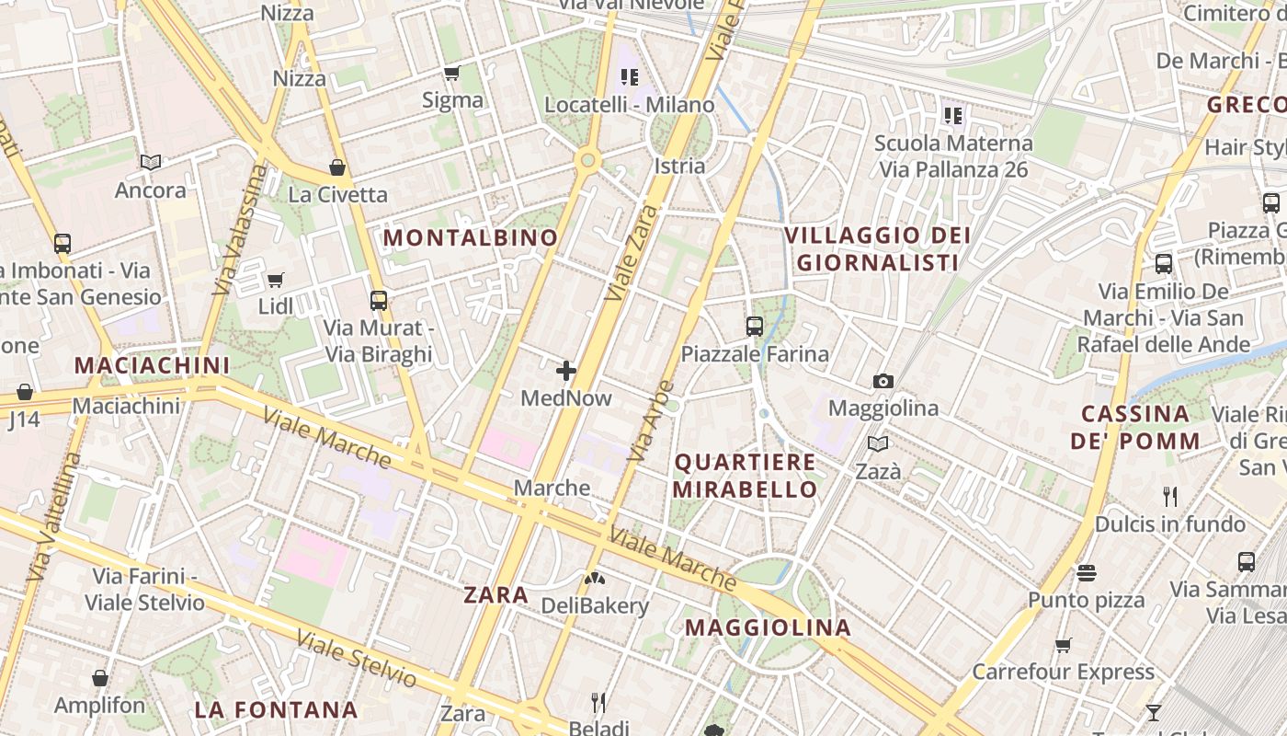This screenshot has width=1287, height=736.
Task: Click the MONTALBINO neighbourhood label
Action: (x=471, y=237)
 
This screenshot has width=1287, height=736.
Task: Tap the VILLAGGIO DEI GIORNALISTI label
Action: (x=877, y=248)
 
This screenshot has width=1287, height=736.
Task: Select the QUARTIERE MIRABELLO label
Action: (x=745, y=476)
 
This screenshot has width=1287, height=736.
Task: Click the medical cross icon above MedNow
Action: (x=566, y=371)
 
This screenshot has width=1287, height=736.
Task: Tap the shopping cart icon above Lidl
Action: (x=275, y=280)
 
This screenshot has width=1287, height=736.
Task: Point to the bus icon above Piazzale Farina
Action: (x=755, y=326)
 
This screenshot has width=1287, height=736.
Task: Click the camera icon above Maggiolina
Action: (x=883, y=381)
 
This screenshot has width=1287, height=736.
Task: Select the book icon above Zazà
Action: (x=879, y=444)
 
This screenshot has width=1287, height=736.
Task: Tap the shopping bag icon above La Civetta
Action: (x=337, y=167)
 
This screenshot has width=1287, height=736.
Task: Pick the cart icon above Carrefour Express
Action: (x=1064, y=645)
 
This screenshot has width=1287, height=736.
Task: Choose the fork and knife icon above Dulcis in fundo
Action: (x=1170, y=497)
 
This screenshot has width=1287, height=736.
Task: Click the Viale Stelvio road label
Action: (x=357, y=658)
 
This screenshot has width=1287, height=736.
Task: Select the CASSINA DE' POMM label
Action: (x=1135, y=427)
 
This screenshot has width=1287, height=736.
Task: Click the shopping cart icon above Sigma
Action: (x=451, y=74)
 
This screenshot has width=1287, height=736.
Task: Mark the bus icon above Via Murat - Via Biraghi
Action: (x=378, y=300)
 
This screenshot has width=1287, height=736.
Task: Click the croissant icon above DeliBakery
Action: (x=595, y=579)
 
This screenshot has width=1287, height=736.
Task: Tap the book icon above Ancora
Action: (x=151, y=163)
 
